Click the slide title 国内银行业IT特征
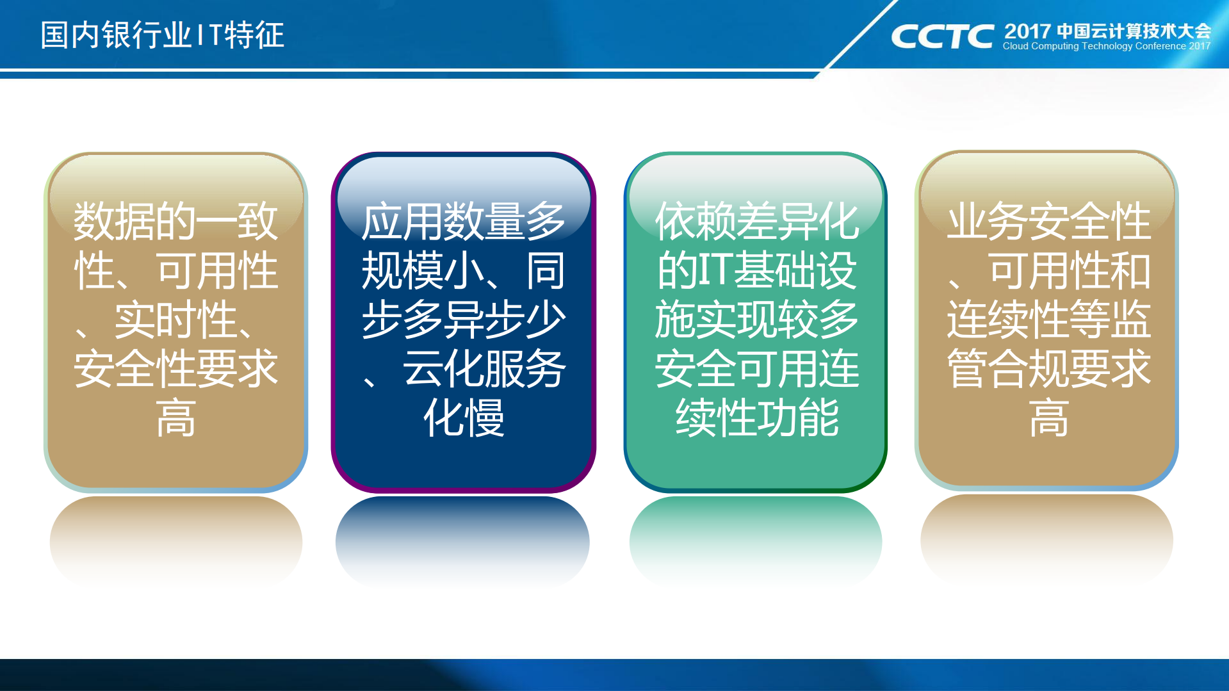click(x=162, y=35)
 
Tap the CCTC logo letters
click(x=941, y=37)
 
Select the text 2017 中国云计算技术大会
click(x=1107, y=31)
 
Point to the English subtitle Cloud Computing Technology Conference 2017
click(x=1106, y=46)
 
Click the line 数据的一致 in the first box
click(x=175, y=222)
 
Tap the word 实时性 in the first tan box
click(x=175, y=320)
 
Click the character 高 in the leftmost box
click(x=175, y=418)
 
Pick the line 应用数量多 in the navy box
click(x=463, y=222)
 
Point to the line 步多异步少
click(x=463, y=320)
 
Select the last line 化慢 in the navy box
click(x=463, y=418)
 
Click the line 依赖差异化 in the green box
click(x=756, y=222)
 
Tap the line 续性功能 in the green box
click(x=756, y=418)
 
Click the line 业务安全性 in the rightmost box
click(x=1048, y=222)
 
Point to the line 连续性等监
click(x=1048, y=320)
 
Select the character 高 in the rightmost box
click(x=1048, y=418)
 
